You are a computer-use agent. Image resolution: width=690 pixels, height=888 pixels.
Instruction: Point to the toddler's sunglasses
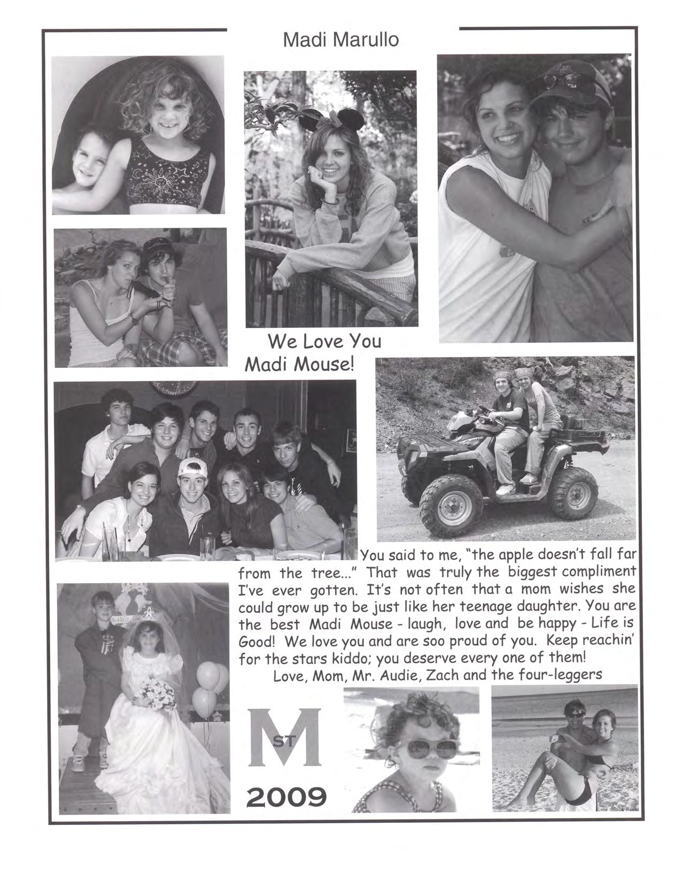click(425, 748)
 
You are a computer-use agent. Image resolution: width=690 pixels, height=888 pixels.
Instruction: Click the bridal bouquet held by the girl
click(158, 694)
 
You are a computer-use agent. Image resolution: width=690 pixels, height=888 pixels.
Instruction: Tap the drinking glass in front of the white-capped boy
click(207, 549)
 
